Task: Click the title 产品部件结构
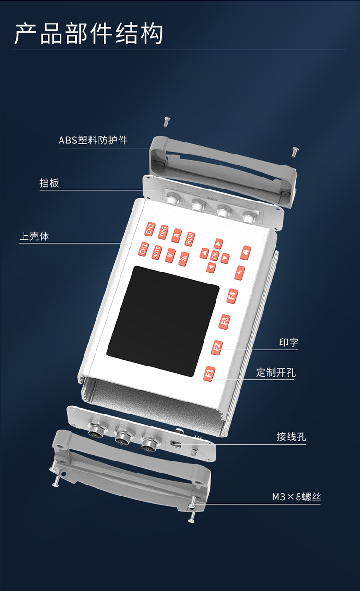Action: [x=89, y=34]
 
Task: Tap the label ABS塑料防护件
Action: [x=93, y=140]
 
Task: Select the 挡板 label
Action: [x=49, y=183]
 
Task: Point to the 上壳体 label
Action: [x=34, y=236]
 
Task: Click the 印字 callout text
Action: [x=288, y=343]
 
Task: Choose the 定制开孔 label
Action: [x=276, y=372]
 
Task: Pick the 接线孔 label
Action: [x=291, y=437]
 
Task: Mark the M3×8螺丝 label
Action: [x=296, y=497]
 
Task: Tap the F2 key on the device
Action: [x=217, y=347]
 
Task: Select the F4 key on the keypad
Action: [x=232, y=295]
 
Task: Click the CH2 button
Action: [x=149, y=228]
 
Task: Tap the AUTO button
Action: [x=156, y=252]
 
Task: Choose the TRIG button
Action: [x=163, y=232]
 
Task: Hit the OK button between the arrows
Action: [x=215, y=255]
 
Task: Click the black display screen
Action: [x=162, y=320]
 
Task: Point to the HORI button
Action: [x=190, y=239]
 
